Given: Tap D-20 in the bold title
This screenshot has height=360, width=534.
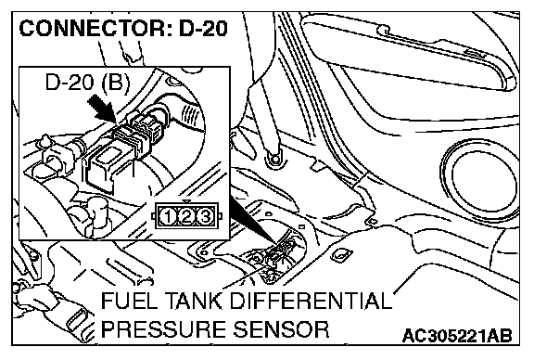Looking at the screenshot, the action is [203, 28].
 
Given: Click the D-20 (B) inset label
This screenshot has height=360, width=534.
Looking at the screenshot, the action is [88, 83].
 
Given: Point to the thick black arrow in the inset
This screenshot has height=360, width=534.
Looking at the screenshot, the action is [101, 108].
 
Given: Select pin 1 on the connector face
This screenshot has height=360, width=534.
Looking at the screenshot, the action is [168, 217].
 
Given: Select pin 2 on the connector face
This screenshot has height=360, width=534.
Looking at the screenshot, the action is [186, 217].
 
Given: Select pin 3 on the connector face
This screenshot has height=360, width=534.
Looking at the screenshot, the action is [205, 217].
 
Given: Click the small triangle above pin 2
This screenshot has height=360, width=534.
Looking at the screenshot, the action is [185, 201].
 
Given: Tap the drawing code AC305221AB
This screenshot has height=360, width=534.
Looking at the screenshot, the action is [457, 336].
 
